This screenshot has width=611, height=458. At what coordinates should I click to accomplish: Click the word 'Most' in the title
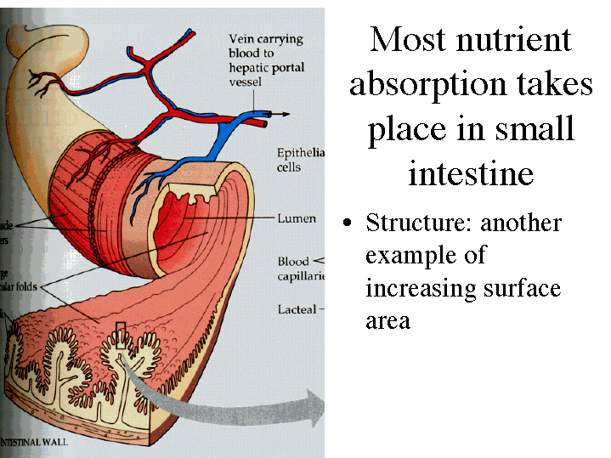point(403,40)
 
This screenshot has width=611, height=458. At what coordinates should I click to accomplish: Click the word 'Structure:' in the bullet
point(419,223)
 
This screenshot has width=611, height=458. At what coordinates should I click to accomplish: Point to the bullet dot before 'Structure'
point(347,223)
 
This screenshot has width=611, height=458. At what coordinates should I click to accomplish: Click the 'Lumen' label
point(297,218)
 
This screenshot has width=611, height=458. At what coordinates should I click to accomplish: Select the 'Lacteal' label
point(297,309)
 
